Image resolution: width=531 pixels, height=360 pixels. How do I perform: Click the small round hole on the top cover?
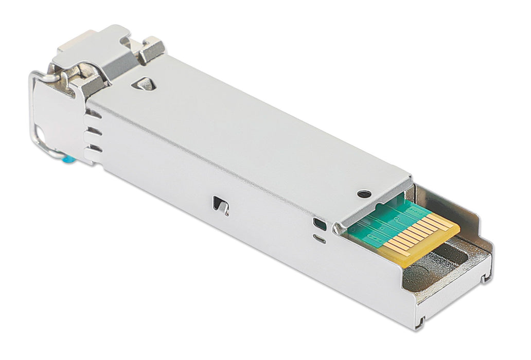[364, 194]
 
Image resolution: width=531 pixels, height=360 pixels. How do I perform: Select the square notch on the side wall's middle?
[221, 204]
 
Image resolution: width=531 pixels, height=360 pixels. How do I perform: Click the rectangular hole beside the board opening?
[318, 224]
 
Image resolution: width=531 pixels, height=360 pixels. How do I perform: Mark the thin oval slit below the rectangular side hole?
[319, 239]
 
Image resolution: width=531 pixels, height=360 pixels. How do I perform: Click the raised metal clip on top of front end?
[93, 51]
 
